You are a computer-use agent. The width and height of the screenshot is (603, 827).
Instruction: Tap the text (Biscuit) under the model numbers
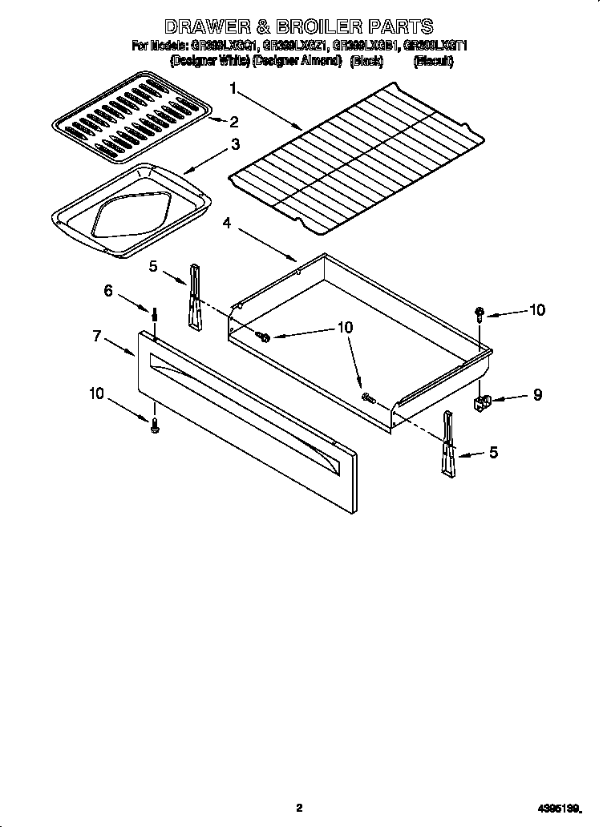coord(433,61)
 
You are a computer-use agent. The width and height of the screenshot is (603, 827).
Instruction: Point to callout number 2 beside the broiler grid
coord(233,123)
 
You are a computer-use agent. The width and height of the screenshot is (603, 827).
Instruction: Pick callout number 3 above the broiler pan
coord(235,145)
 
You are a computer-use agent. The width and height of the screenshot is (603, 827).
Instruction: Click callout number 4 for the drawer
coord(228,224)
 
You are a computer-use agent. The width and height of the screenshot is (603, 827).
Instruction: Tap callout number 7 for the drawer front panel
coord(97,337)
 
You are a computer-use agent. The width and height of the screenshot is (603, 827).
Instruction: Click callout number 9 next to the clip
coord(536,394)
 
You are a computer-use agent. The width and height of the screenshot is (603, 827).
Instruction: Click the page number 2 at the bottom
coord(299,808)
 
